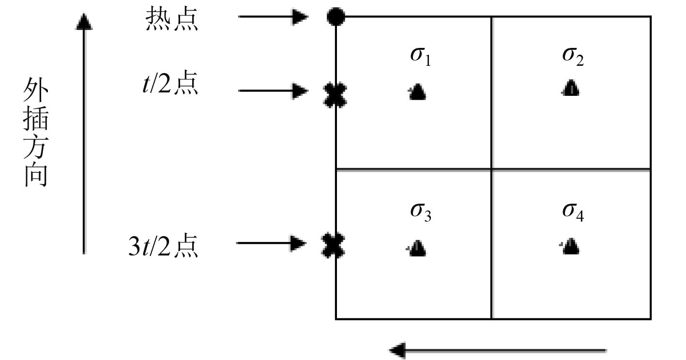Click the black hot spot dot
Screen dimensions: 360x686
tap(335, 17)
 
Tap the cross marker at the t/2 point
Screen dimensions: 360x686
tap(335, 95)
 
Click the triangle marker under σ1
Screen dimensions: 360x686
tap(417, 91)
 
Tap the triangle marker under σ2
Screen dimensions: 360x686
tap(571, 89)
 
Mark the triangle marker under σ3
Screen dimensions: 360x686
tap(417, 248)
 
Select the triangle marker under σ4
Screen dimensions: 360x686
tap(571, 247)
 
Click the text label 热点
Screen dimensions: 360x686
tap(172, 21)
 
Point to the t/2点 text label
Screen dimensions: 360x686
tap(167, 85)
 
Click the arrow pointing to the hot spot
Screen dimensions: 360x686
tap(274, 17)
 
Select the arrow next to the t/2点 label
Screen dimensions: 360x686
tap(274, 90)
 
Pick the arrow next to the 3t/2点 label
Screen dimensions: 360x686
tap(271, 243)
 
